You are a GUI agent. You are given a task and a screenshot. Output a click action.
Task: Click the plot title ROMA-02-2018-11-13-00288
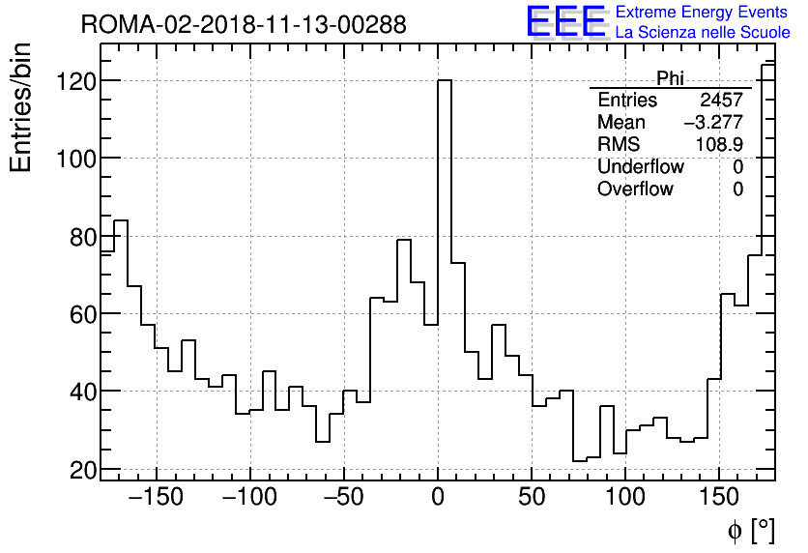point(244,24)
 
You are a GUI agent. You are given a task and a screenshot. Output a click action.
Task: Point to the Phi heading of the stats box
point(670,78)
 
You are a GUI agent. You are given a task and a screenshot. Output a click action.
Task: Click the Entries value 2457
point(722,101)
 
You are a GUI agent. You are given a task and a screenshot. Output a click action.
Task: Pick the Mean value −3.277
point(713,123)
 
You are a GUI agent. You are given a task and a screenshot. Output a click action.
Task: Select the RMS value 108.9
point(719,145)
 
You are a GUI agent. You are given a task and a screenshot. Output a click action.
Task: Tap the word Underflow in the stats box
point(640,167)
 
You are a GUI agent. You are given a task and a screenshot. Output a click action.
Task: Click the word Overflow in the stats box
point(635,189)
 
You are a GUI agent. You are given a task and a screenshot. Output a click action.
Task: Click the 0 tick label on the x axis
point(438,499)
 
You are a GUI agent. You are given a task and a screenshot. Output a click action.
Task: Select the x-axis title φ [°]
point(751,531)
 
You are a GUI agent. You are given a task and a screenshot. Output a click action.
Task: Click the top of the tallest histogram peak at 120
point(445,80)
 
